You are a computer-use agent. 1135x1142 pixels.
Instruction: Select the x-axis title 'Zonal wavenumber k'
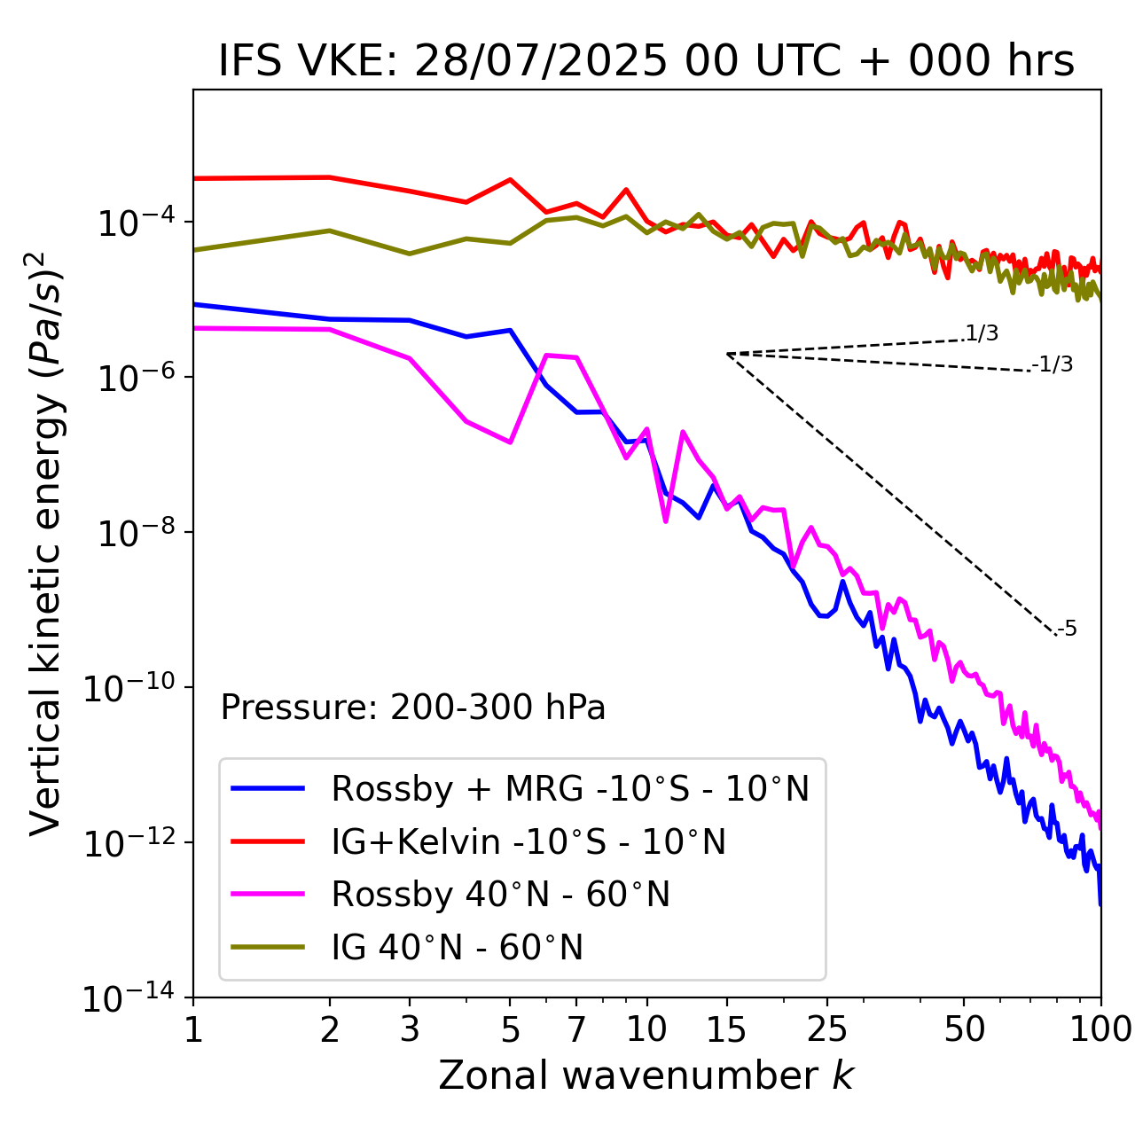pos(646,1076)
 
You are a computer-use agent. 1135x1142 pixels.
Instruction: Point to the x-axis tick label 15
pos(727,1029)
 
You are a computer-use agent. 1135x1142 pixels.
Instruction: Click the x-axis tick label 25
pos(827,1029)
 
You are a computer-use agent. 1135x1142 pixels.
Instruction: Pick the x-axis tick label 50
pos(964,1029)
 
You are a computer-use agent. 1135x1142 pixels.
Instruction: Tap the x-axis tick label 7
pos(576,1029)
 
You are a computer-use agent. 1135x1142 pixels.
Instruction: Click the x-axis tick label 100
pos(1100,1029)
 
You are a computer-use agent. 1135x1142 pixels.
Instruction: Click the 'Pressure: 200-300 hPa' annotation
pos(413,708)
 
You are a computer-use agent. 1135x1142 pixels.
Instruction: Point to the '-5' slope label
pos(1067,630)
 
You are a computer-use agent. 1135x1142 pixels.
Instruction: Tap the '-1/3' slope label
pos(1053,364)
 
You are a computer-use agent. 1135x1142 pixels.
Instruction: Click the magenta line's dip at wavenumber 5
pos(510,442)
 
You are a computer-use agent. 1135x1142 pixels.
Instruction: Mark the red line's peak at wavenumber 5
pos(510,179)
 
